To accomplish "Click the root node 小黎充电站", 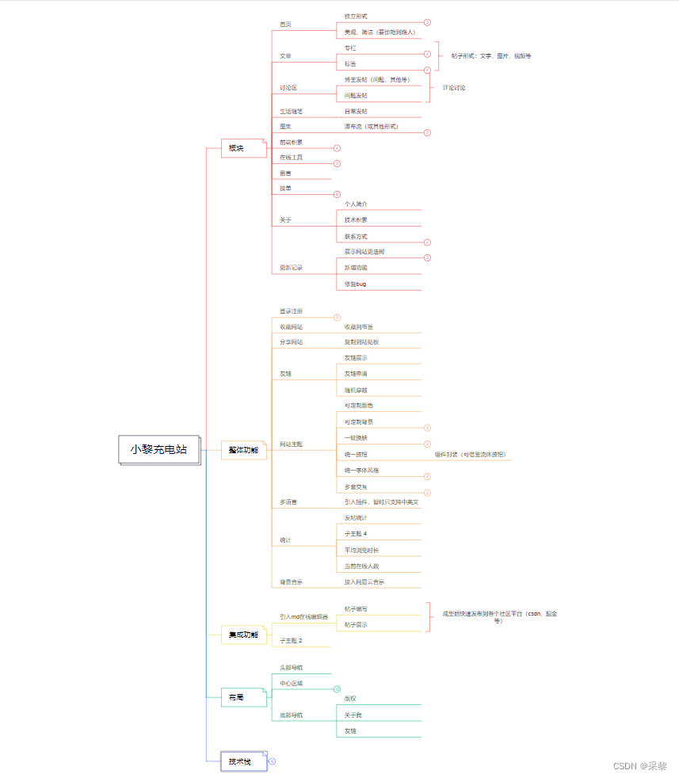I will [159, 449].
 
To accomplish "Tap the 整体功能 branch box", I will [242, 450].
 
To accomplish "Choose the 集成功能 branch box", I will [243, 635].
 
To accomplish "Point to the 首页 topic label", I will [286, 25].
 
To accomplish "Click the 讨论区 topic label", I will [288, 88].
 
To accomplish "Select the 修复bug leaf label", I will [356, 284].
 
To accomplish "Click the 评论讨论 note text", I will [453, 88].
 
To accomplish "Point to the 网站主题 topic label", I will [292, 444].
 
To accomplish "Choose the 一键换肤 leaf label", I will [357, 438].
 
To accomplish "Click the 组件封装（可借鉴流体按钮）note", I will [470, 455].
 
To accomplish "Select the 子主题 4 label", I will [356, 534].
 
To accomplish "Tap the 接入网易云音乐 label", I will [364, 582].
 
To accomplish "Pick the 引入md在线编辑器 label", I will [303, 616].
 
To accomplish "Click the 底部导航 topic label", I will [292, 715].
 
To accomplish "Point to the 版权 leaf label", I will [350, 699].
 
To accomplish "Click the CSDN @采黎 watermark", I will [639, 766].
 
